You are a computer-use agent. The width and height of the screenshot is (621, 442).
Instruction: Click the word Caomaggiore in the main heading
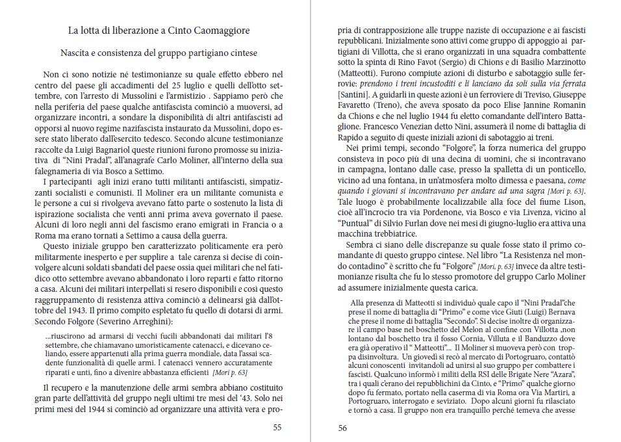[x=216, y=31]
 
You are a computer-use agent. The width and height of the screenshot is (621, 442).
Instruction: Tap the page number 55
[x=277, y=427]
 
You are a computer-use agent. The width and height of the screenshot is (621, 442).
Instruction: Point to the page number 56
[x=342, y=427]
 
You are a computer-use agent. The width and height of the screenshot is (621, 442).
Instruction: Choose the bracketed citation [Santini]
[x=352, y=94]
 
